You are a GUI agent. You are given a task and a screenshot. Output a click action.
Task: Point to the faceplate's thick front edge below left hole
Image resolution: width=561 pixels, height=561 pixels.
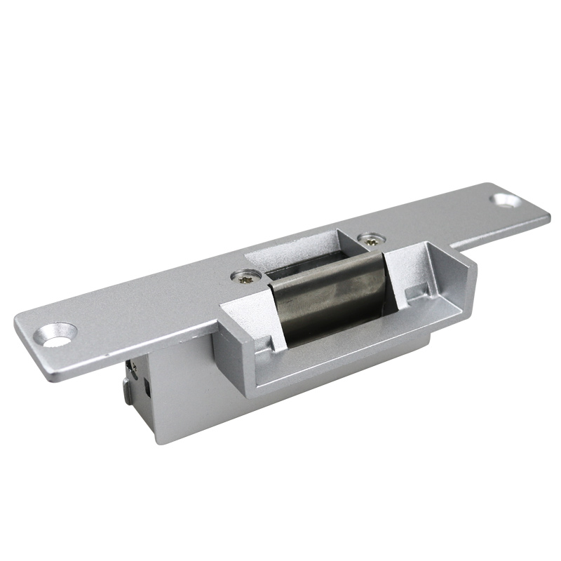(x=70, y=368)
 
